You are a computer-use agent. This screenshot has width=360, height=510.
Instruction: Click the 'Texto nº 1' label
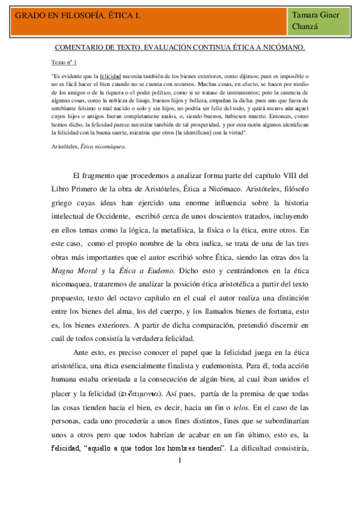[64, 63]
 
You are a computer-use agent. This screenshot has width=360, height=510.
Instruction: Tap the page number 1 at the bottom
[180, 462]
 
